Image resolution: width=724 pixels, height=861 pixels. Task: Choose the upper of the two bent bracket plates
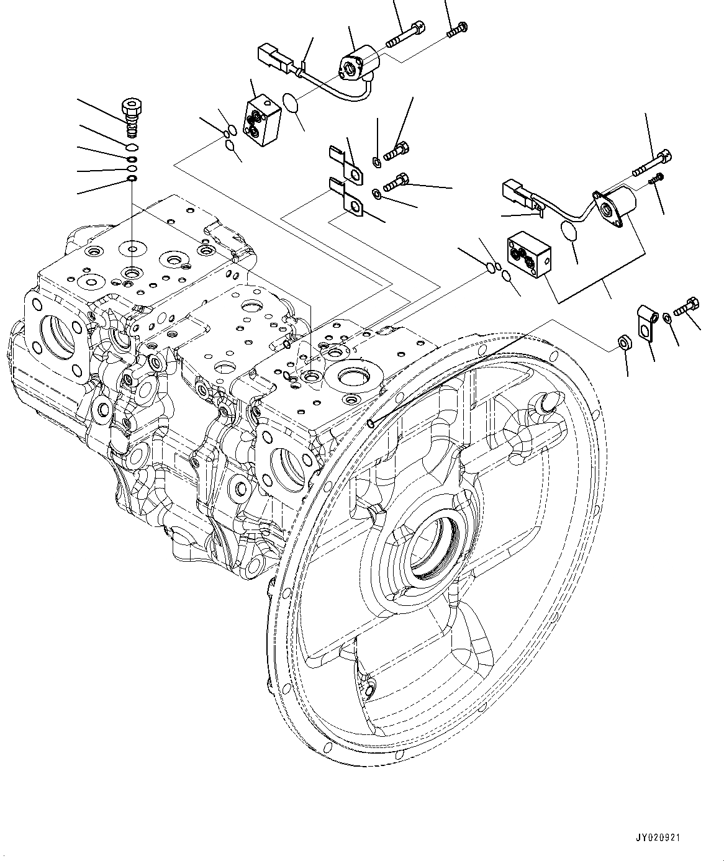point(346,166)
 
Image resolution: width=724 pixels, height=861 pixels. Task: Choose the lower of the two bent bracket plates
point(346,197)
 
